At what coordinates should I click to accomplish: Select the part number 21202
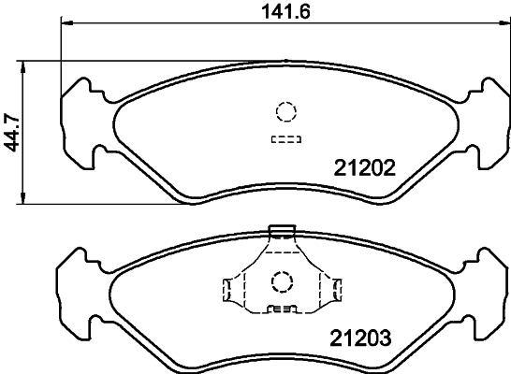365,169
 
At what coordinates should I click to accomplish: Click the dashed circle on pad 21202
285,112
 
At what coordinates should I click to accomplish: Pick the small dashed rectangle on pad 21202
285,140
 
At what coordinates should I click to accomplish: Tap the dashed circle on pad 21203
281,280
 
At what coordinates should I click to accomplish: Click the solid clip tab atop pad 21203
281,230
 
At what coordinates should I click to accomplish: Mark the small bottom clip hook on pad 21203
281,309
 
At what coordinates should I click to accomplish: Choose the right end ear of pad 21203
489,290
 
